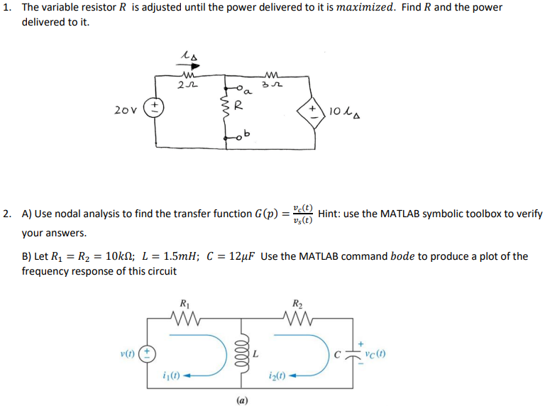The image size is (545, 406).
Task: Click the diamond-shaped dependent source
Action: [311, 110]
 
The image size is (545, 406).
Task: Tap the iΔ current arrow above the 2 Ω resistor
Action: [187, 54]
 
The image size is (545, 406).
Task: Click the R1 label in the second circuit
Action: [186, 301]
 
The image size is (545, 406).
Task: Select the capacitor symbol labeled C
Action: [353, 353]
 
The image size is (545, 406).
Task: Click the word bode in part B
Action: [402, 256]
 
